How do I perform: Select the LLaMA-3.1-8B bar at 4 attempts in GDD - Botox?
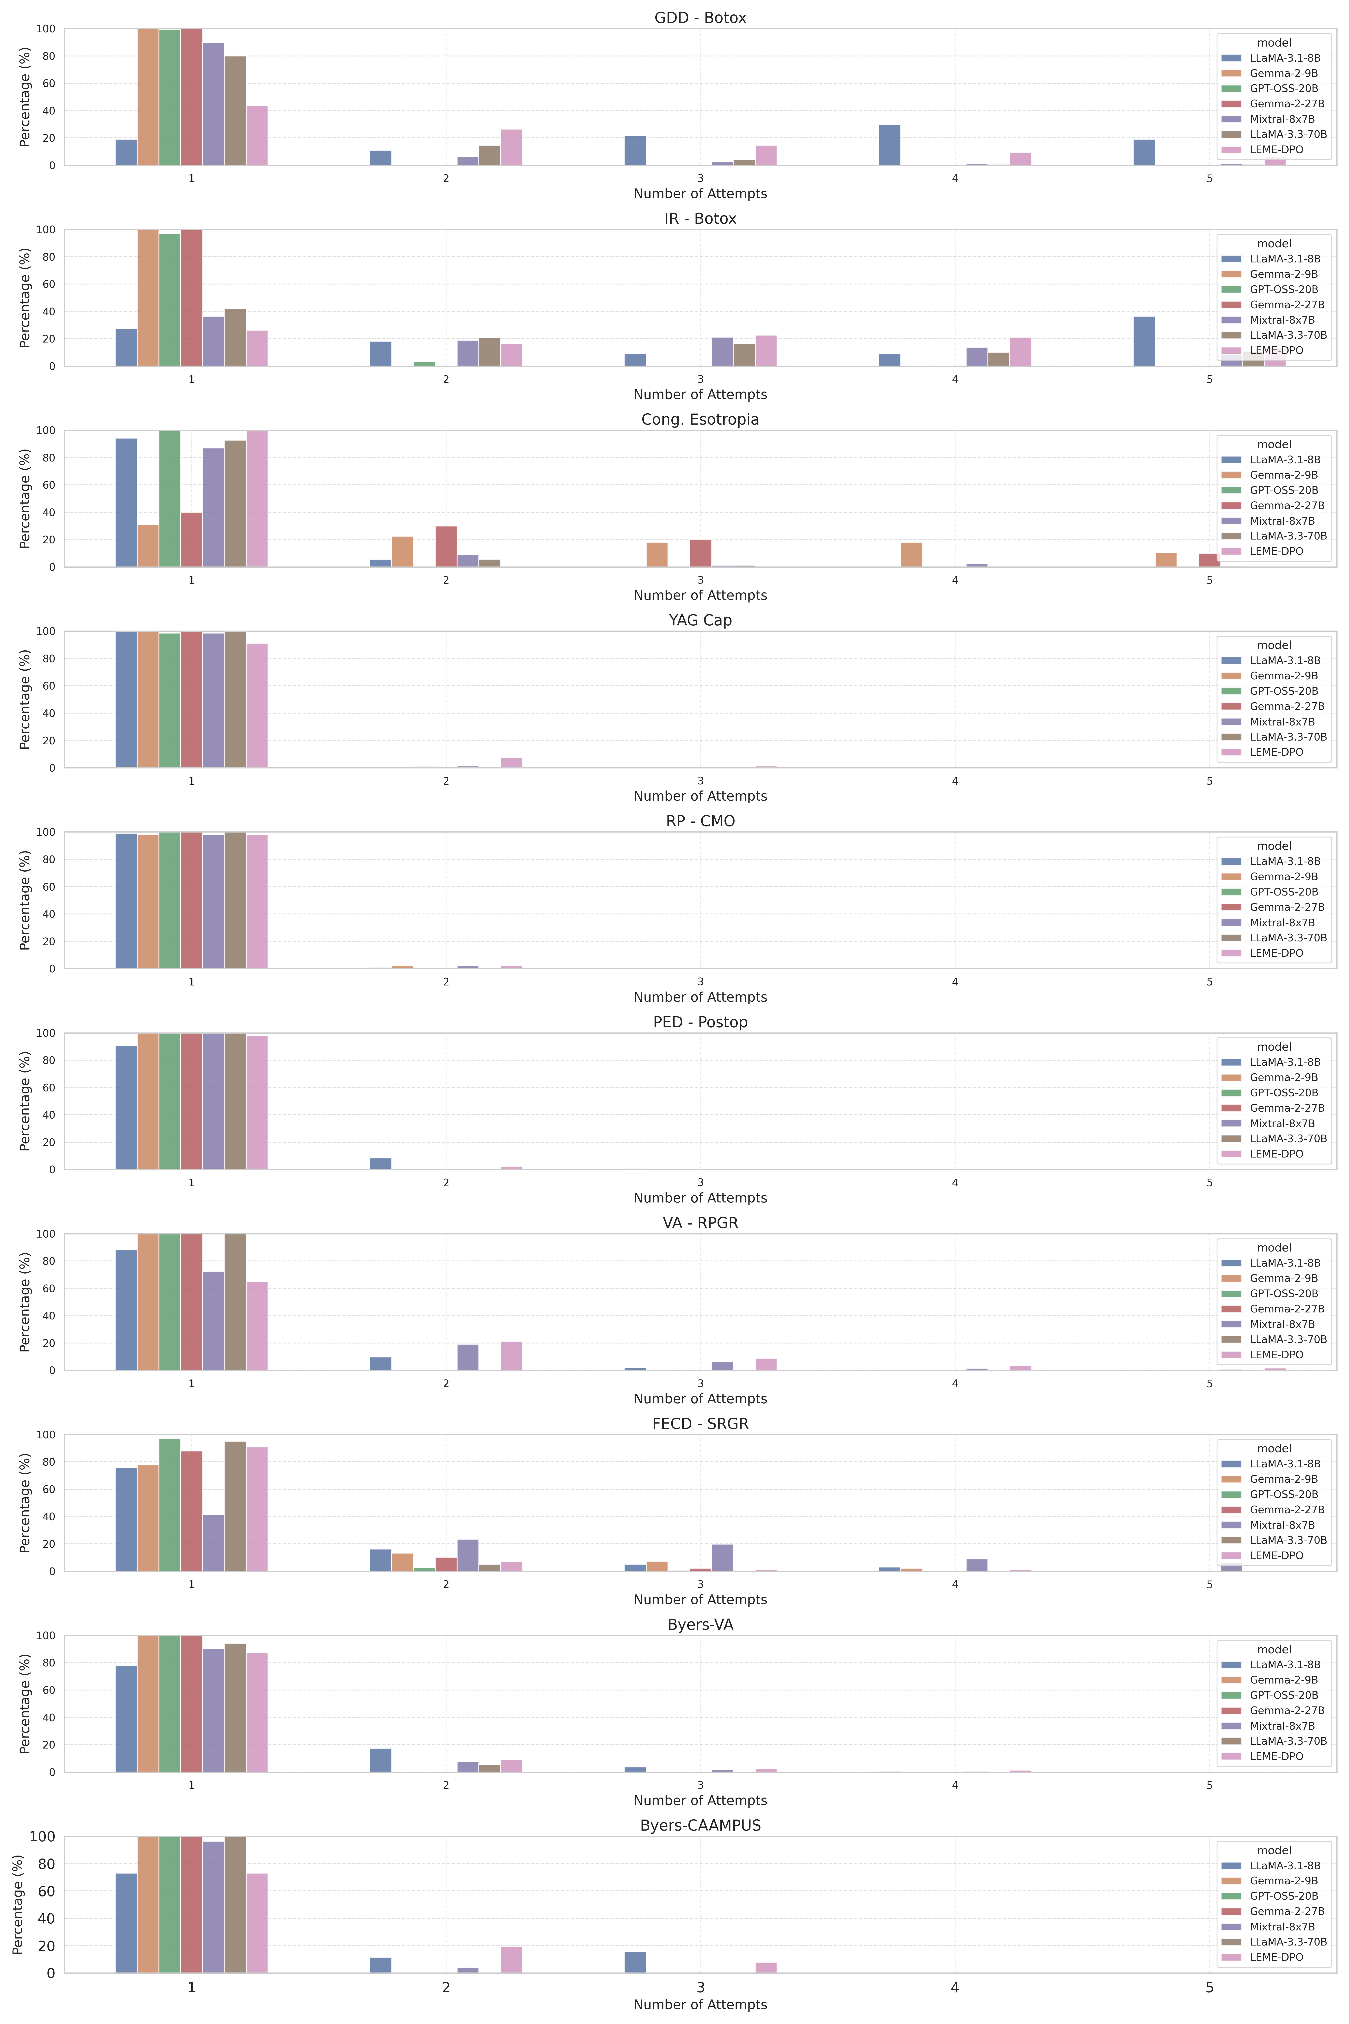click(890, 146)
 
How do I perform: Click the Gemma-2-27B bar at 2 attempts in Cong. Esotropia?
click(446, 546)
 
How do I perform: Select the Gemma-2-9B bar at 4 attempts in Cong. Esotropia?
click(911, 555)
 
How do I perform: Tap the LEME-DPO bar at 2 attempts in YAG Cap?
click(511, 762)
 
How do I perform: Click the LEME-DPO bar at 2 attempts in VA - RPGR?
click(511, 1356)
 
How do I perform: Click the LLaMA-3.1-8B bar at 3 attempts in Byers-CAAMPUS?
click(635, 1963)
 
